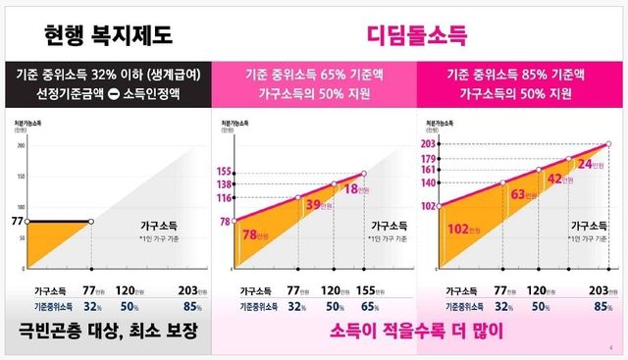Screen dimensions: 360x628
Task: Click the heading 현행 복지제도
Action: [x=109, y=36]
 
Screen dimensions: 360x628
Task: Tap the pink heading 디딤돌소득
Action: [x=418, y=36]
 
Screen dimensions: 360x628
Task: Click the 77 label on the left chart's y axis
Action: [x=15, y=222]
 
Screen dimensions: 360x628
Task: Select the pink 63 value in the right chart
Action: [x=516, y=194]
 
